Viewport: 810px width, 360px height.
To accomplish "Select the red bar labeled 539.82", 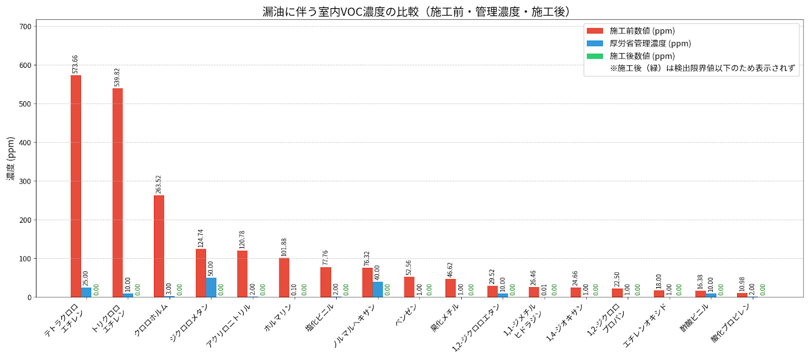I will [117, 192].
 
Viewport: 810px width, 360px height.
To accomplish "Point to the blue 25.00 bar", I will [86, 292].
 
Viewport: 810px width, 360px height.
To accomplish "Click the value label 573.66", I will [75, 64].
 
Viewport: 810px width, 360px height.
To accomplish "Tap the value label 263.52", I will [158, 184].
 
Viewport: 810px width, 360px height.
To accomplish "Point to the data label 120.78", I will [242, 239].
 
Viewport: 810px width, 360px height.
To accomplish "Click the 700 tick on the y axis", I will [25, 26].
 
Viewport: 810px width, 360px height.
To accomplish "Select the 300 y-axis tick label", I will [25, 181].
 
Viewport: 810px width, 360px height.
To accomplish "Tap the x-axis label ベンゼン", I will [406, 314].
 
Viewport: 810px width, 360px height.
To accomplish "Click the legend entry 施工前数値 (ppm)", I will [642, 31].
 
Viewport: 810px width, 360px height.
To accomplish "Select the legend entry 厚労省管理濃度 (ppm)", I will [650, 44].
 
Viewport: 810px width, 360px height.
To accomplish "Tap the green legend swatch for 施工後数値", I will [595, 56].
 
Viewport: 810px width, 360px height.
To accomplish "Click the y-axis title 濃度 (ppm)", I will [11, 158].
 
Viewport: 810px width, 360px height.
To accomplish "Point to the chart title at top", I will [416, 11].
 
